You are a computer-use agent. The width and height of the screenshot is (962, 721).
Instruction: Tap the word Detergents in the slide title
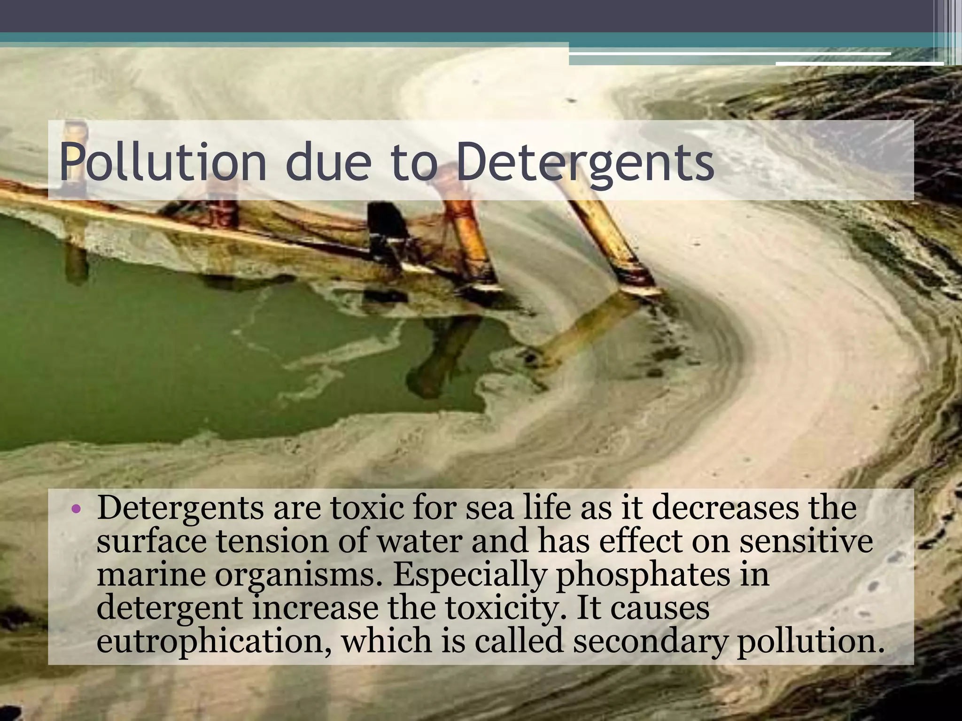[585, 161]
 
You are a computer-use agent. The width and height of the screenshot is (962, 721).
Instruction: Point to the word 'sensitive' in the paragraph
[806, 541]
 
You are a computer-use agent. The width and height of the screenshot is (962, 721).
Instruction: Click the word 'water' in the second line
[420, 541]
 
